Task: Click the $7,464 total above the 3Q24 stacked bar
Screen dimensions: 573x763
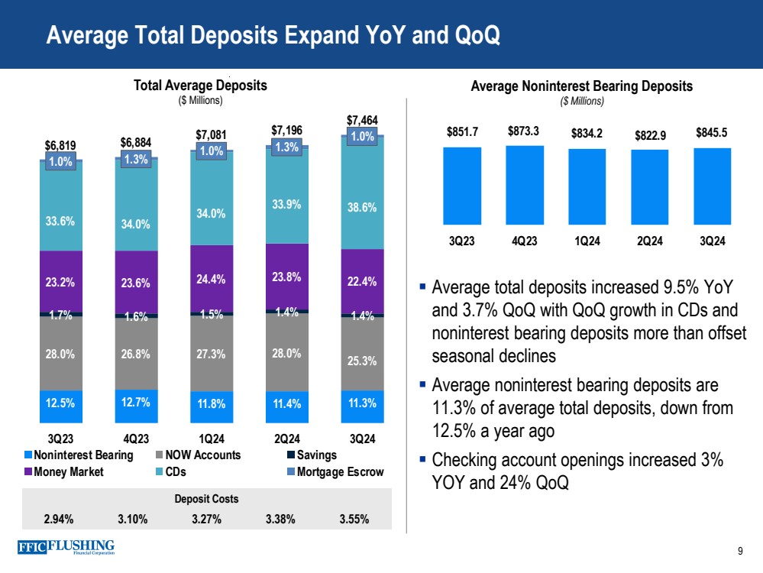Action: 362,120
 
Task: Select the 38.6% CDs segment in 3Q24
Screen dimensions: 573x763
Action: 362,207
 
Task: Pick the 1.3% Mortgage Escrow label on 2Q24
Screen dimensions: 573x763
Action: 286,147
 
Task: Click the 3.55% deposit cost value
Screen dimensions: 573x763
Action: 354,519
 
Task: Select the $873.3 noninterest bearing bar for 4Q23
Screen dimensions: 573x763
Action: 525,184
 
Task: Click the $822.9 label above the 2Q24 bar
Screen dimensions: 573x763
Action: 649,136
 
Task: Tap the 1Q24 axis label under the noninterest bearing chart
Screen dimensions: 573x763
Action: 587,241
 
